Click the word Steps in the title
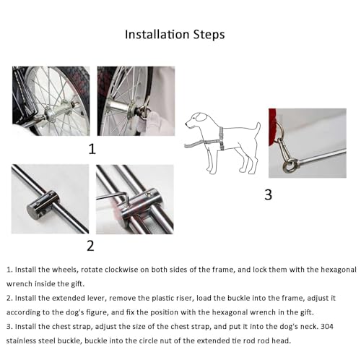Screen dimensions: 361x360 [209, 35]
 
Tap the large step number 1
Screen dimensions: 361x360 [92, 149]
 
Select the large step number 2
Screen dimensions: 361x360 [90, 246]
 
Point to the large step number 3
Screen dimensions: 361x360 [269, 194]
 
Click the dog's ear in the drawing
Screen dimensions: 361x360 [201, 117]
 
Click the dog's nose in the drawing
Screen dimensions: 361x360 [186, 124]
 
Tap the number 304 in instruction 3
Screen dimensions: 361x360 [327, 327]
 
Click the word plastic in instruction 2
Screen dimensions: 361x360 [162, 299]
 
